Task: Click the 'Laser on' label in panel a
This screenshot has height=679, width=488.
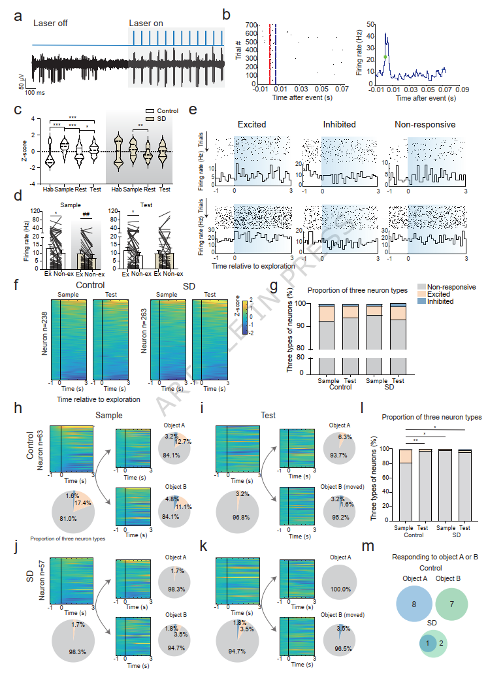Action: click(x=144, y=24)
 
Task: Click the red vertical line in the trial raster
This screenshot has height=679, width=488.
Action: click(x=269, y=55)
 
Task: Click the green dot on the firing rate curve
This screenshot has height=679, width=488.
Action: click(x=385, y=58)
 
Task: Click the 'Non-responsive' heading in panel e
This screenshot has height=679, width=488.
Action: click(x=425, y=124)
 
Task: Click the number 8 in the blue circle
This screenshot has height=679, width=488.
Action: click(x=414, y=604)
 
